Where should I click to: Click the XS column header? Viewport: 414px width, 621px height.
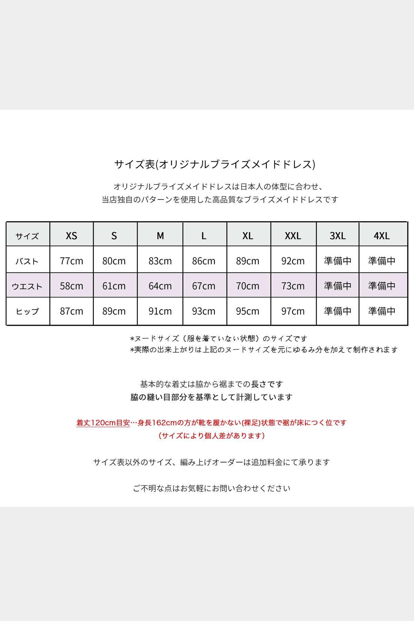[x=71, y=236]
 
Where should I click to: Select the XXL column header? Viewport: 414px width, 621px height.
[x=293, y=236]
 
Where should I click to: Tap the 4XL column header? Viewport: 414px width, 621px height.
[x=382, y=236]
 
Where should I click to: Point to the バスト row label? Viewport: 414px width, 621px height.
[x=27, y=261]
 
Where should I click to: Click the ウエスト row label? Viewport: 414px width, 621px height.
[x=27, y=286]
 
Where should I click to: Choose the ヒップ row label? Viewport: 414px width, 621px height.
[x=27, y=311]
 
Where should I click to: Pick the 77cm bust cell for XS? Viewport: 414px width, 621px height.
[x=71, y=261]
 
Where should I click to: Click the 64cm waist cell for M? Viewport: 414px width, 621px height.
[x=160, y=286]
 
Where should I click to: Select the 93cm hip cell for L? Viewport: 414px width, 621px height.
[x=204, y=311]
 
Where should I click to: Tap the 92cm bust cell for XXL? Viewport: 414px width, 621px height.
[x=293, y=261]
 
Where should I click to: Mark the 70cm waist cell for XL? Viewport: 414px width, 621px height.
[x=248, y=286]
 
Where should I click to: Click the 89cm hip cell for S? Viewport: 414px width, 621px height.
[x=114, y=311]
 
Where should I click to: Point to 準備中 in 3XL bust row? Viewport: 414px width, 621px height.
[x=337, y=261]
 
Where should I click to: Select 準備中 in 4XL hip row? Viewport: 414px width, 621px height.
[x=382, y=311]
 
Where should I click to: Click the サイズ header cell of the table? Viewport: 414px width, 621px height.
[x=27, y=236]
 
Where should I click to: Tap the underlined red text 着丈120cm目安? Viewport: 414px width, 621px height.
[x=103, y=423]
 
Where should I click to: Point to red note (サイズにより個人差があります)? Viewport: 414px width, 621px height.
[x=211, y=436]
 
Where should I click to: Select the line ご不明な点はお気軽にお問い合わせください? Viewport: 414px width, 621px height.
[x=211, y=488]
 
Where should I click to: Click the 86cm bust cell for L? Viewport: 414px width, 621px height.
[x=204, y=261]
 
